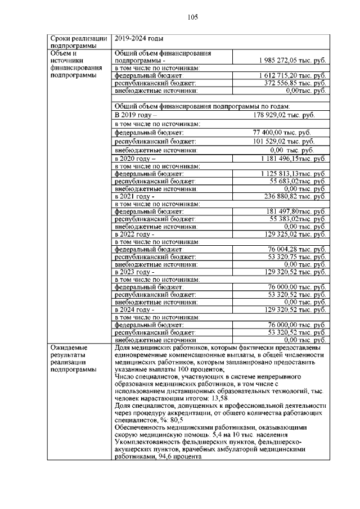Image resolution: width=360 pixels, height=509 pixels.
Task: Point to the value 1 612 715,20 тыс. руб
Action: point(292,75)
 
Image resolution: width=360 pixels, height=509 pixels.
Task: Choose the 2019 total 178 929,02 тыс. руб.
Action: point(283,115)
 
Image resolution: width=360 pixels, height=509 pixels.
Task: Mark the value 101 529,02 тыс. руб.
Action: point(283,141)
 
